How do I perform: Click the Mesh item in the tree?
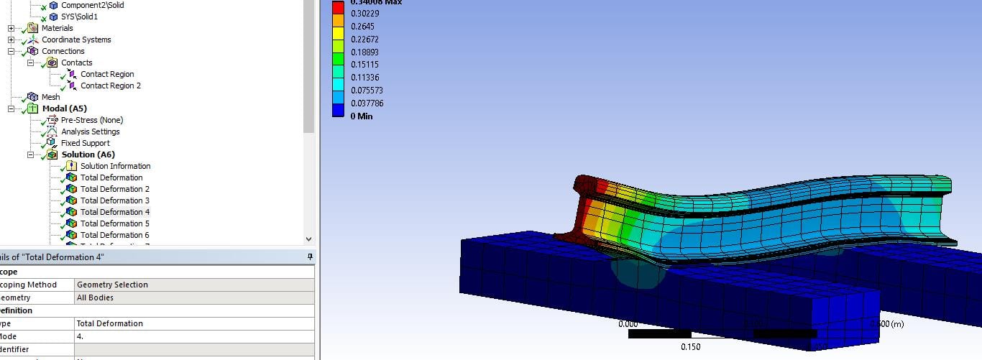tap(51, 97)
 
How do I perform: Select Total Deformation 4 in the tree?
tap(115, 212)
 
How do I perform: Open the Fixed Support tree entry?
tap(85, 143)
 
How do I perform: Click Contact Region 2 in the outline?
tap(110, 86)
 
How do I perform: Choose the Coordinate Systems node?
tap(76, 40)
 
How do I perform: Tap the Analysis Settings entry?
tap(90, 131)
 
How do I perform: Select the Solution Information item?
tap(115, 166)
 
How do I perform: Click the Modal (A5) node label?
tap(64, 109)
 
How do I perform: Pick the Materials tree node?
tap(57, 28)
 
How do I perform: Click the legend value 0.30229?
tap(365, 13)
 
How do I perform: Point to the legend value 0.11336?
tap(365, 78)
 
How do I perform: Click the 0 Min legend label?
tap(362, 116)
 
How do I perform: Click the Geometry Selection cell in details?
tap(112, 285)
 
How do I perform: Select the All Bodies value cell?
tap(95, 297)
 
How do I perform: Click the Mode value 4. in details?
tap(81, 336)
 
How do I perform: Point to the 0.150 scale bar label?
tap(690, 348)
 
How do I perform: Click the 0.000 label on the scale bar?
tap(628, 324)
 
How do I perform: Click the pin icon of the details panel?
tap(310, 257)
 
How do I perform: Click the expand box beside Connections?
tap(11, 51)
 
